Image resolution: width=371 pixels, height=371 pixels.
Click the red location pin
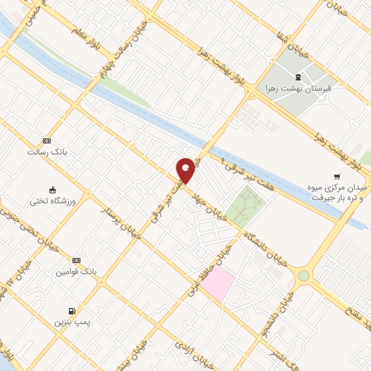(x=186, y=170)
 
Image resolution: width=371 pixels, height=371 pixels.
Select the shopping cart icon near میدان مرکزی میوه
(x=336, y=175)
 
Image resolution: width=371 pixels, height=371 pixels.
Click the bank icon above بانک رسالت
(x=47, y=141)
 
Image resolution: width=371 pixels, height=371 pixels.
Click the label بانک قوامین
(x=75, y=272)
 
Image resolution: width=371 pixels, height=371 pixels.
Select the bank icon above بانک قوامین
(x=76, y=261)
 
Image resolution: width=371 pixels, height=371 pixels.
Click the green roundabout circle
(x=303, y=275)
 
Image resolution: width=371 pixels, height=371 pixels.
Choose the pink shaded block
(x=217, y=283)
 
